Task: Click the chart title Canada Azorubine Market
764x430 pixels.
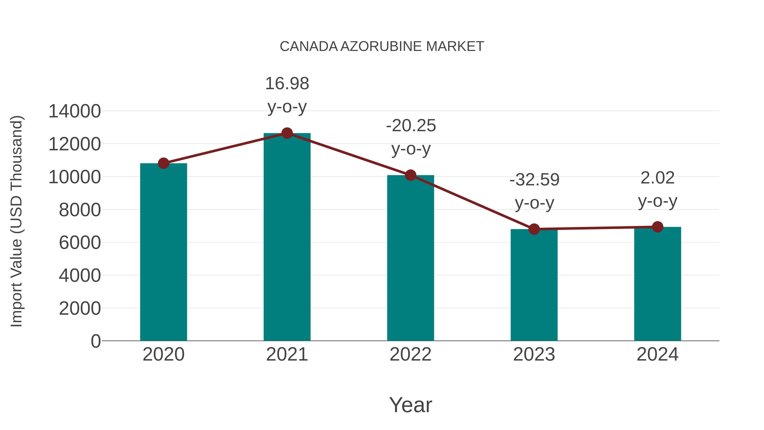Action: [382, 47]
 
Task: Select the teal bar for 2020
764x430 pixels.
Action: [163, 252]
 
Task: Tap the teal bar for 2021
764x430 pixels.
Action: [287, 237]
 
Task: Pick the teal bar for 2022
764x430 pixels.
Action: [410, 258]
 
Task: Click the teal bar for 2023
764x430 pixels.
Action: [534, 285]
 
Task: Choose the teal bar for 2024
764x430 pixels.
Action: [657, 284]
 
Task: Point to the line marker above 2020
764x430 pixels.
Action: [163, 163]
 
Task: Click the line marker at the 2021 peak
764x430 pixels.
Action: [287, 133]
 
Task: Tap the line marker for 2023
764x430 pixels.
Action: [534, 229]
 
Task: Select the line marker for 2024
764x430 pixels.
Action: [657, 227]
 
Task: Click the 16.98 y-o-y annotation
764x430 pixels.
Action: [287, 95]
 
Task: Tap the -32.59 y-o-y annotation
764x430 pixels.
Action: [534, 191]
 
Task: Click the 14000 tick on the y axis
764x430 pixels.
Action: [74, 111]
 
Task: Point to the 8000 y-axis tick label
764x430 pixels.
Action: [80, 210]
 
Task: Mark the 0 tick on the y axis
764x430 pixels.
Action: [95, 341]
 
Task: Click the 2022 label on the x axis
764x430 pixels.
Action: [410, 354]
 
